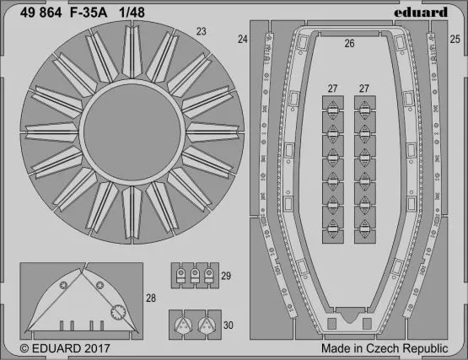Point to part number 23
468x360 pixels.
(202, 33)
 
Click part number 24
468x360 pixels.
(243, 40)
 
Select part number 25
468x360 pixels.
(455, 40)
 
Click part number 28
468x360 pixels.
(150, 297)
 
